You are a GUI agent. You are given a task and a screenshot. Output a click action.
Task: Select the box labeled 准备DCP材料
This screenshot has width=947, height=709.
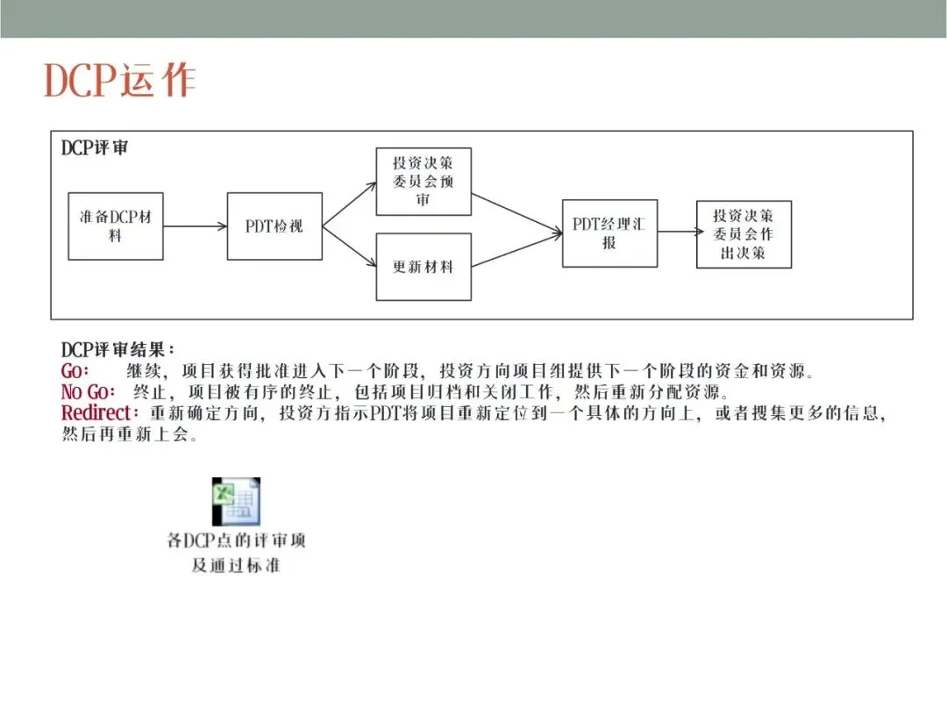[x=116, y=226]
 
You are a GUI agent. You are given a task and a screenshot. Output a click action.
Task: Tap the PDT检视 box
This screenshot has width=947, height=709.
[x=274, y=226]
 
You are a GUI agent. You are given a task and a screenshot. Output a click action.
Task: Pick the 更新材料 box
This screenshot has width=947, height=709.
[x=424, y=267]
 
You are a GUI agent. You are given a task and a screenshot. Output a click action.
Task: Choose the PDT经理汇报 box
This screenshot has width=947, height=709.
[x=609, y=233]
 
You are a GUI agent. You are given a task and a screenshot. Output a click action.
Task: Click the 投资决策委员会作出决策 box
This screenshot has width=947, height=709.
[x=744, y=235]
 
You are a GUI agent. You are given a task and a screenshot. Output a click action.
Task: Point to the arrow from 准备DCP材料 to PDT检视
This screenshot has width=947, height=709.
[x=195, y=226]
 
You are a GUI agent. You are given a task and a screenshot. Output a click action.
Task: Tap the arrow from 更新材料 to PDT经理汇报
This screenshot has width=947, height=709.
[x=517, y=251]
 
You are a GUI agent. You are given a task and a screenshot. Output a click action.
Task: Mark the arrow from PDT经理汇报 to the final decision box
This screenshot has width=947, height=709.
[x=677, y=233]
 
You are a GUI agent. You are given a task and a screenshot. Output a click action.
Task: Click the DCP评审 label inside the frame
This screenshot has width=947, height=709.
[x=95, y=148]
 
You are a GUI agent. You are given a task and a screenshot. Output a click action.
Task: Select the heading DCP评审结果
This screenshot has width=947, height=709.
[x=117, y=350]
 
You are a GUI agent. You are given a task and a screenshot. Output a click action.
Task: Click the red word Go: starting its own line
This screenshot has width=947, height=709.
[x=75, y=370]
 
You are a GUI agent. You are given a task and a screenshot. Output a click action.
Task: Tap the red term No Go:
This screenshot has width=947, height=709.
[x=89, y=391]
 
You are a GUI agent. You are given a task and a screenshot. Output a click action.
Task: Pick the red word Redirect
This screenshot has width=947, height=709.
[x=100, y=412]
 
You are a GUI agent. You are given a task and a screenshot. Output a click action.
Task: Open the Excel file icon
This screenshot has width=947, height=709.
[x=236, y=502]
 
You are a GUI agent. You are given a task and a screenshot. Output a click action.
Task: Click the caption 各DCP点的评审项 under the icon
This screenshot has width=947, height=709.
[x=236, y=541]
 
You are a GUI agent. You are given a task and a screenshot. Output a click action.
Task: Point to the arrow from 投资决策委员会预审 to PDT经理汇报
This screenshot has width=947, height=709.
[x=517, y=214]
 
